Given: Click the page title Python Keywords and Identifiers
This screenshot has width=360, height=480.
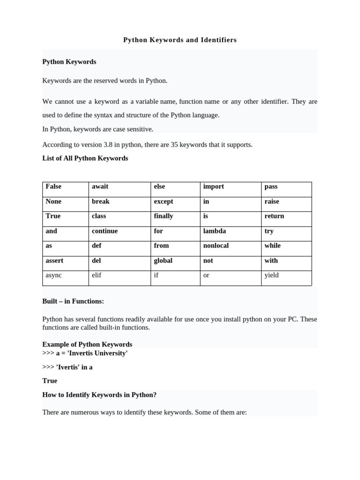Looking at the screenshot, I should coord(180,40).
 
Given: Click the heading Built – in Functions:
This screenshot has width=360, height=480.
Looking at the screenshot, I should coord(73,301).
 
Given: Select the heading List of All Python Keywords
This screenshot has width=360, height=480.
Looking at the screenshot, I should coord(85,158).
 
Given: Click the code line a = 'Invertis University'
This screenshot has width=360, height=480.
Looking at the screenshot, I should coord(91,353).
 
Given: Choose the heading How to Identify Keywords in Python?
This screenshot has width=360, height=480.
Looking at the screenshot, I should coord(99,395).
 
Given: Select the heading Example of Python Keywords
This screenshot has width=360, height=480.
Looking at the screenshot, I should coord(87,345).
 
